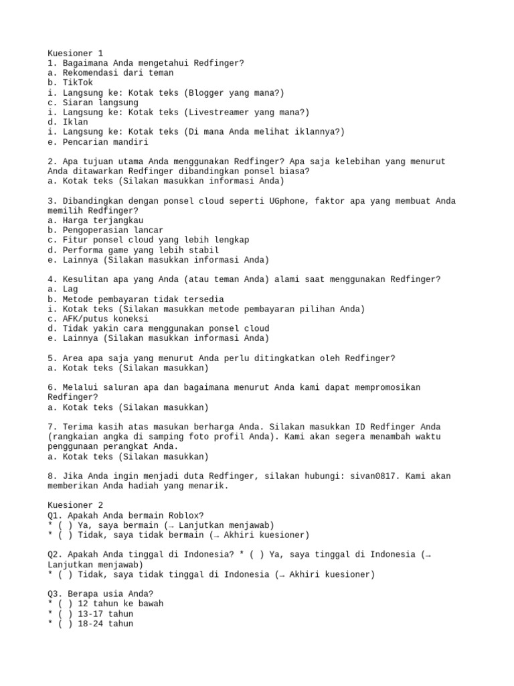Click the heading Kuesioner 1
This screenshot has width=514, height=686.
pyautogui.click(x=75, y=53)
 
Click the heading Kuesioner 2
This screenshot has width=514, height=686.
pyautogui.click(x=75, y=505)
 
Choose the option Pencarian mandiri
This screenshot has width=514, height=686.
pyautogui.click(x=105, y=142)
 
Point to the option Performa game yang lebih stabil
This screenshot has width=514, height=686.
pyautogui.click(x=131, y=250)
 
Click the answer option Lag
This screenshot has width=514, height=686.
pyautogui.click(x=70, y=289)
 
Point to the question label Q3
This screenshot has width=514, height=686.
pyautogui.click(x=55, y=594)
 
